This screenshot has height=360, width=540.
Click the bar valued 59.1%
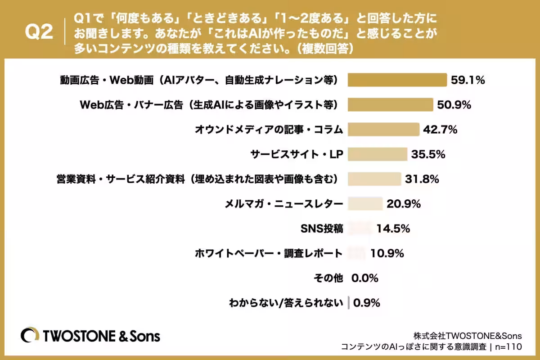[x=397, y=80]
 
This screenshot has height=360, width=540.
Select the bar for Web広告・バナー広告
[x=390, y=105]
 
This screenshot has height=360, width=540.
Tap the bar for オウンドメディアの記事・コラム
[x=383, y=130]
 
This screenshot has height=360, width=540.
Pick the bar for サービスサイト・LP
[x=378, y=154]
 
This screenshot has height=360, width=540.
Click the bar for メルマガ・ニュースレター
[x=365, y=203]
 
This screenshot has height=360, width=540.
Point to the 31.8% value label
[x=422, y=179]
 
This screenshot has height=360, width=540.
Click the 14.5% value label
[x=393, y=229]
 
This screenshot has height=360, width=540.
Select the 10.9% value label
[x=387, y=253]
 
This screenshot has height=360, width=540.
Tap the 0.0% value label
[x=365, y=278]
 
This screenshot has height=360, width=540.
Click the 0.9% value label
[x=366, y=303]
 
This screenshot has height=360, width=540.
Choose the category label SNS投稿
[x=322, y=229]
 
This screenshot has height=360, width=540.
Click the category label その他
[x=328, y=278]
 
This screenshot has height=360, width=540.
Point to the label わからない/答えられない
[x=286, y=303]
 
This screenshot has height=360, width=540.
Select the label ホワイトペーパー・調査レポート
[x=269, y=253]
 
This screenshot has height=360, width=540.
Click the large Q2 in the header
[x=39, y=32]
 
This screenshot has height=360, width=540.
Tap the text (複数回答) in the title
[x=325, y=49]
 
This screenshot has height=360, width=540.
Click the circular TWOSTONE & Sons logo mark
[x=30, y=335]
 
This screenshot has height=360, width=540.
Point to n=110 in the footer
[x=508, y=347]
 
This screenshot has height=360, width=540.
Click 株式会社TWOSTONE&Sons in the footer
[x=468, y=336]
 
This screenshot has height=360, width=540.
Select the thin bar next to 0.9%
[x=349, y=302]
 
